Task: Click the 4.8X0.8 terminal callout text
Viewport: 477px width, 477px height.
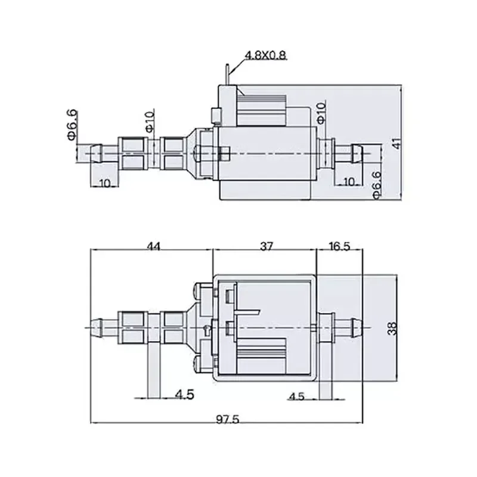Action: (x=266, y=55)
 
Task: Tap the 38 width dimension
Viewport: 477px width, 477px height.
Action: (x=392, y=329)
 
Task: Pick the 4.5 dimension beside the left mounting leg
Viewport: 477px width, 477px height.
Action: (x=184, y=395)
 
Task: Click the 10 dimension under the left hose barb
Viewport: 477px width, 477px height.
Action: (x=106, y=183)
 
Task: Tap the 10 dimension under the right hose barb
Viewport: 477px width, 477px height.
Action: (x=349, y=181)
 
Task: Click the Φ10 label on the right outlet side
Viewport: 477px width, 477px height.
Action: (x=321, y=112)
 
